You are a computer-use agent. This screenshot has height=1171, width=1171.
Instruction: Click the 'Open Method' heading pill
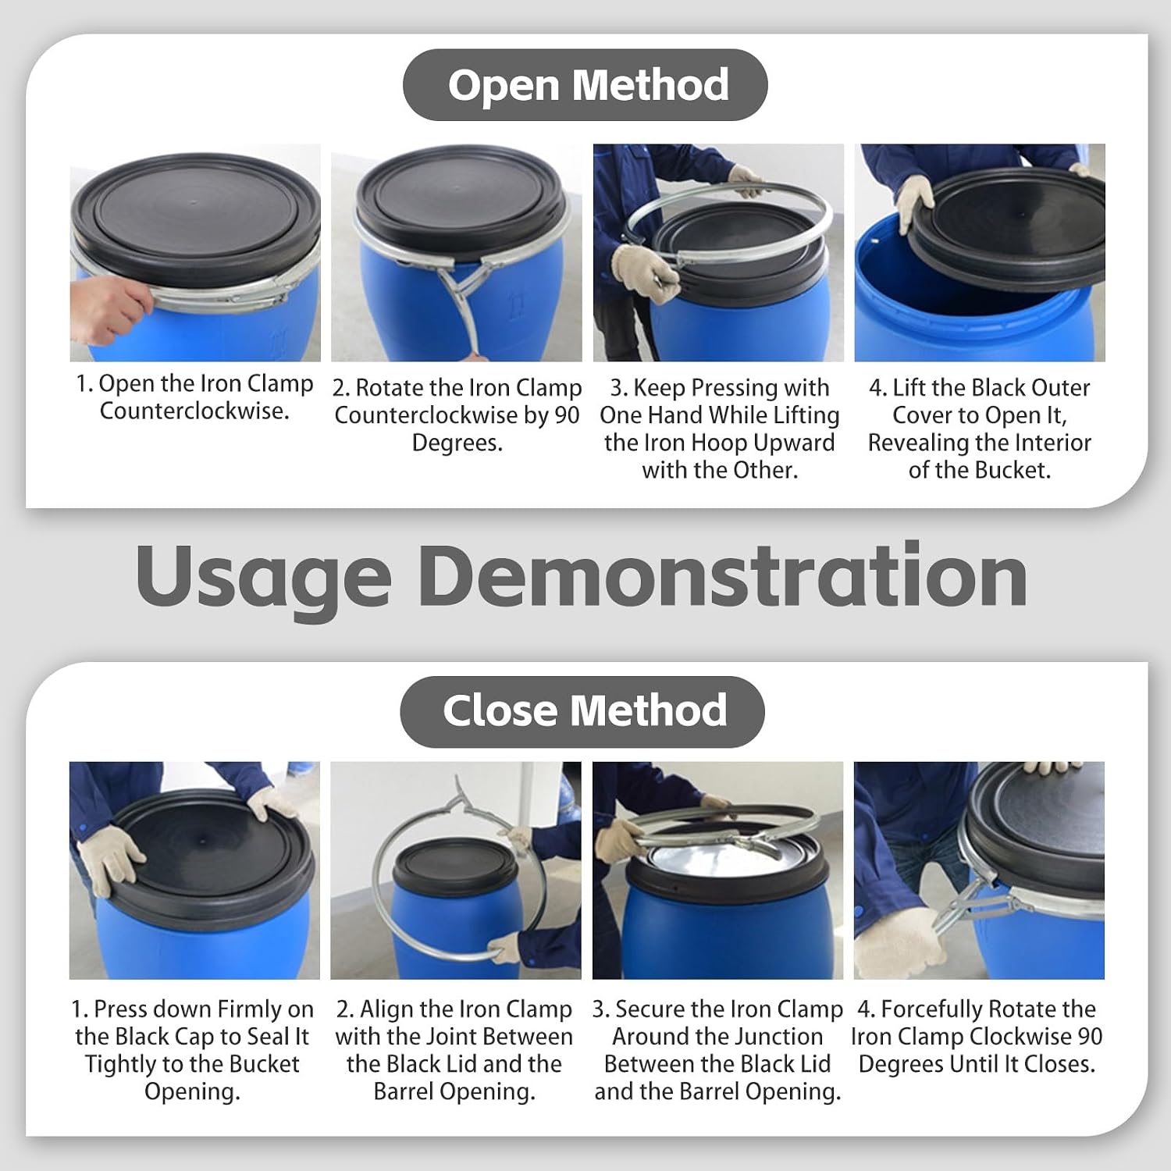pyautogui.click(x=585, y=84)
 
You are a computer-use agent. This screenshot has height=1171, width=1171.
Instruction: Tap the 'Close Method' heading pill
pyautogui.click(x=582, y=711)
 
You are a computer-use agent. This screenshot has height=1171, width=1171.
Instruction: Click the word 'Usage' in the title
pyautogui.click(x=263, y=578)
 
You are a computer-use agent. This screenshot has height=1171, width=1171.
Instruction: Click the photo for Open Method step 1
pyautogui.click(x=195, y=252)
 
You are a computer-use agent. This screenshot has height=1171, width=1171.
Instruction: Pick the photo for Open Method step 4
pyautogui.click(x=980, y=252)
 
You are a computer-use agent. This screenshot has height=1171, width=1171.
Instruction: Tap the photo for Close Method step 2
pyautogui.click(x=456, y=870)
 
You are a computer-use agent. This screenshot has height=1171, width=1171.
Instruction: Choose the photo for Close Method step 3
pyautogui.click(x=717, y=870)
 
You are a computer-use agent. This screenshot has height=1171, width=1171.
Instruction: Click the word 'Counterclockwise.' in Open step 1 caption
pyautogui.click(x=194, y=411)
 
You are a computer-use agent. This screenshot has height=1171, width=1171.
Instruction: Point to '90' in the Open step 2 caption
pyautogui.click(x=568, y=415)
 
